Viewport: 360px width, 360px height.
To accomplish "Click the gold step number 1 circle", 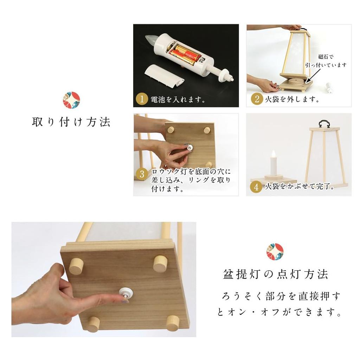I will [x=141, y=99].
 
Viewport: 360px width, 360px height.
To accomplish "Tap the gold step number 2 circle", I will [x=257, y=99].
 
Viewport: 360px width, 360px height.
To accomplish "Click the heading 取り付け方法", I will [x=71, y=122].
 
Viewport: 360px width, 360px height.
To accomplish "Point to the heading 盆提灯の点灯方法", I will [x=276, y=274].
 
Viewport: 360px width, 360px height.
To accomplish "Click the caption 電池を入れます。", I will [x=178, y=99].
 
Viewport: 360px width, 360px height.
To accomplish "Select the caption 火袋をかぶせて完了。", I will [x=299, y=187].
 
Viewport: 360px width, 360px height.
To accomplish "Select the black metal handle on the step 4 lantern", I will [x=324, y=123].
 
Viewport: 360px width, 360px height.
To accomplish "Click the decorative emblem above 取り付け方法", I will [x=71, y=101].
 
